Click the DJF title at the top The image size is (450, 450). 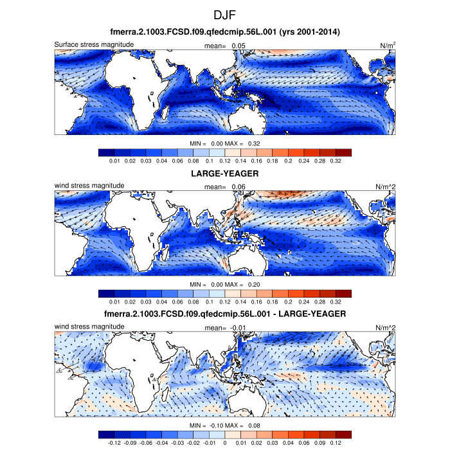(224, 14)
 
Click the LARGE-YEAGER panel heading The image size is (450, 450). (224, 174)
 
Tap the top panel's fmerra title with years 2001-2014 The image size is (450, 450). (224, 32)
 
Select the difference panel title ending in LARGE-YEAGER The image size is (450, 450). (224, 313)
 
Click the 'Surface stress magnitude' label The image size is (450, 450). (94, 44)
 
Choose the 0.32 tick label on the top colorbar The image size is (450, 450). (335, 161)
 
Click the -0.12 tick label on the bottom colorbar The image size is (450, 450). (114, 442)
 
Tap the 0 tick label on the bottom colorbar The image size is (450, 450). (225, 442)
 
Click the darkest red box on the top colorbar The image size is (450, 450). (343, 152)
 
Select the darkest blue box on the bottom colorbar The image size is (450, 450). (106, 434)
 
